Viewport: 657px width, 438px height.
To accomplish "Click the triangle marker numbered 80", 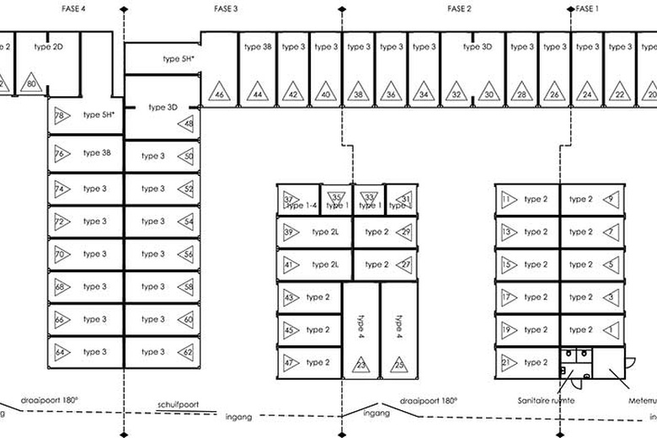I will (31, 83).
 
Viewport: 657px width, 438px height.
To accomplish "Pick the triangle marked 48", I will (187, 125).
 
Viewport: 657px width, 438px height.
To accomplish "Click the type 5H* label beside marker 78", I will (99, 113).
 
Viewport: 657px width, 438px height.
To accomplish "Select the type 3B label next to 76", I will (97, 153).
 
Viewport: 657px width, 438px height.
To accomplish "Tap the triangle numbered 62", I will (187, 351).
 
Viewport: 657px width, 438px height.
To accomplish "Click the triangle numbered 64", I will (61, 351).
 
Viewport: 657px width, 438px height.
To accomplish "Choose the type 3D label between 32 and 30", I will (477, 47).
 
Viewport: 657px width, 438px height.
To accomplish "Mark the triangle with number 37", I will (290, 200).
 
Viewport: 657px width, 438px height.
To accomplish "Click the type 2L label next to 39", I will (324, 232).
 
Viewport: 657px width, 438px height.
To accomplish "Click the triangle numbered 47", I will (289, 362).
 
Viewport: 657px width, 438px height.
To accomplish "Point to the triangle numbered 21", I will (507, 362).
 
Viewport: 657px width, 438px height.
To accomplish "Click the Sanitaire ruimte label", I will (547, 401).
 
